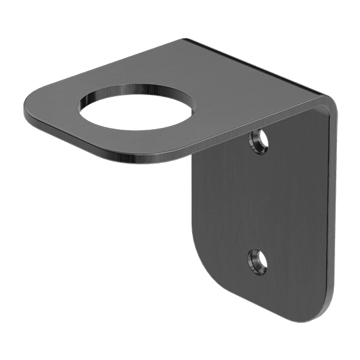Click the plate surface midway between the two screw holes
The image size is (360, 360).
tap(259, 202)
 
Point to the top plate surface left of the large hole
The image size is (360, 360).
tap(58, 101)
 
